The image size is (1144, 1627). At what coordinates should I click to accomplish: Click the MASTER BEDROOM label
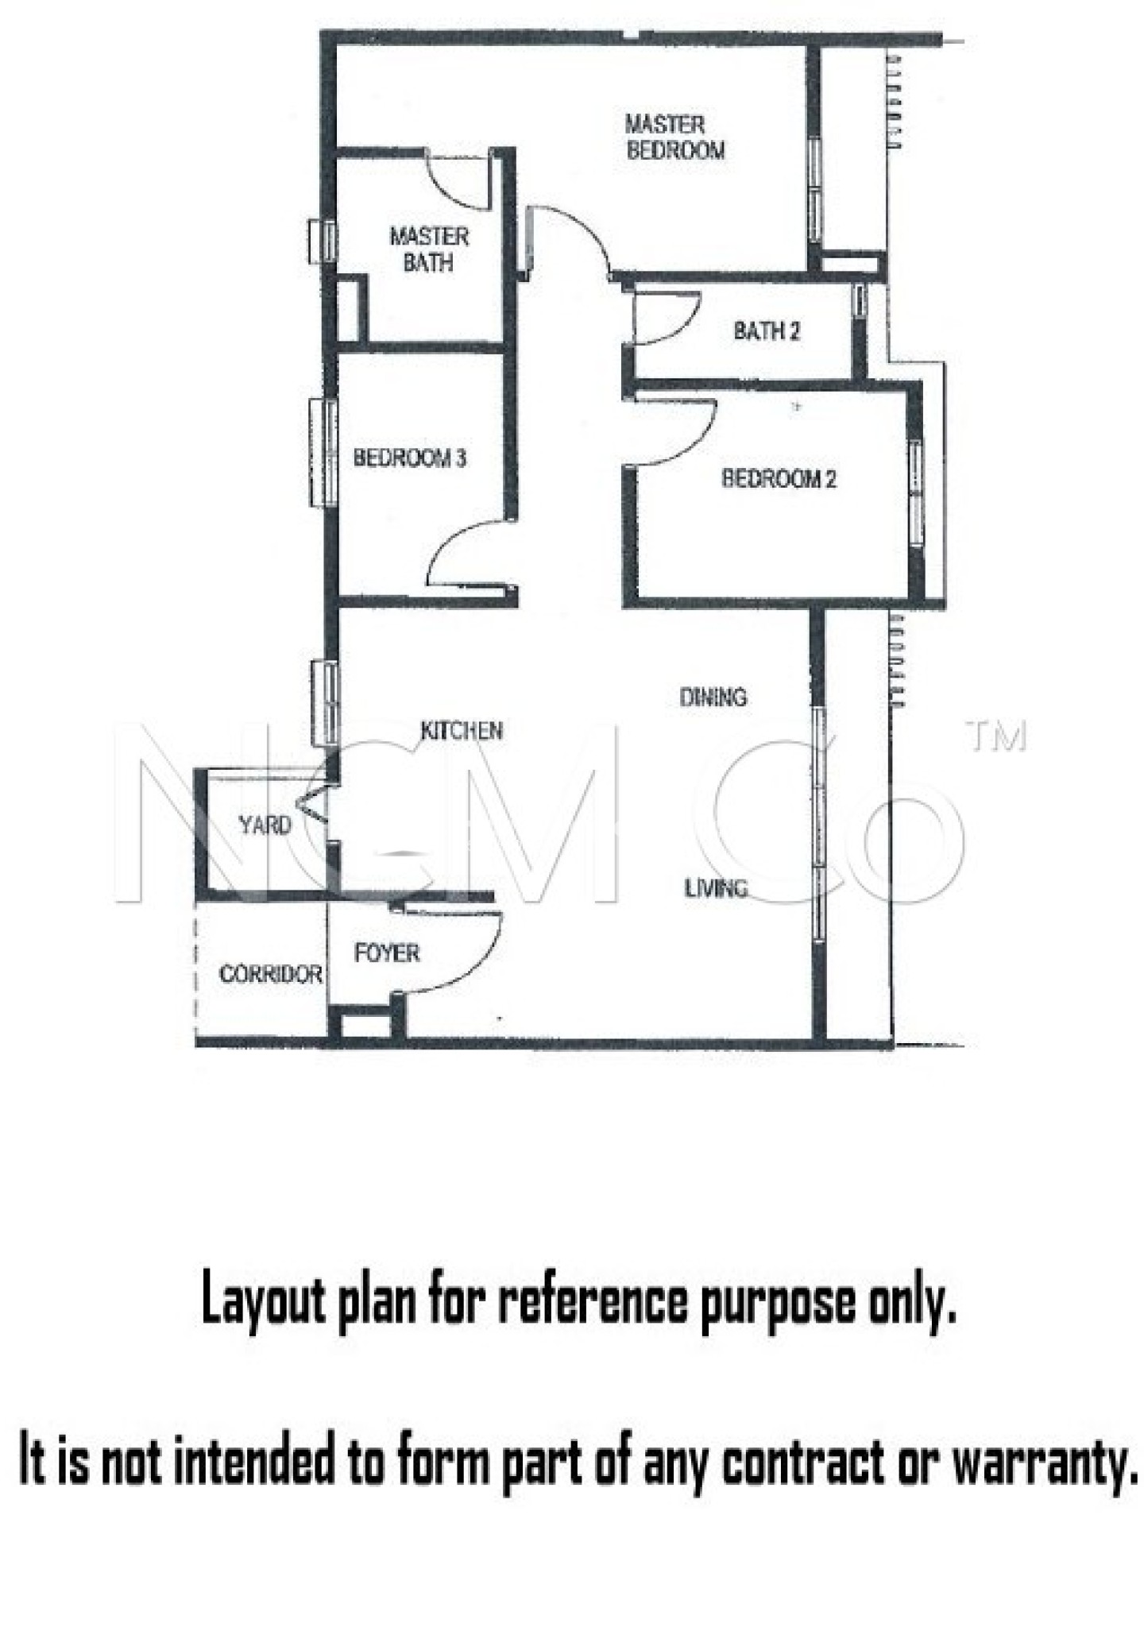coord(674,137)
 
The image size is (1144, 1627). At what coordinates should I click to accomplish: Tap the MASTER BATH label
coord(428,249)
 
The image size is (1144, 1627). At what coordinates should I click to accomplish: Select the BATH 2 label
coord(766,330)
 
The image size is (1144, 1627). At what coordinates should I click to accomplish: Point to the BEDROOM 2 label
coord(778,478)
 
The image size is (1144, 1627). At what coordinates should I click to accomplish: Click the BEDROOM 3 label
coord(409,458)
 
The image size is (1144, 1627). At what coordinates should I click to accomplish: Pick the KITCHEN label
coord(461,730)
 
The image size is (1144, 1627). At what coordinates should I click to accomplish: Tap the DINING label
coord(713,697)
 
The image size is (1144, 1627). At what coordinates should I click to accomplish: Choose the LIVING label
coord(716,887)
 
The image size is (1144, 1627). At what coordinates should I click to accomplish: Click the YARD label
coord(265,825)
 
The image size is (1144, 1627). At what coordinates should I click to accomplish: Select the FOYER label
coord(386,953)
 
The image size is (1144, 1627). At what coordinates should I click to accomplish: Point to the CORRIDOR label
coord(270,973)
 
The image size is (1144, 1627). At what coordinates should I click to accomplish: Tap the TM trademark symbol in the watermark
coord(995,736)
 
